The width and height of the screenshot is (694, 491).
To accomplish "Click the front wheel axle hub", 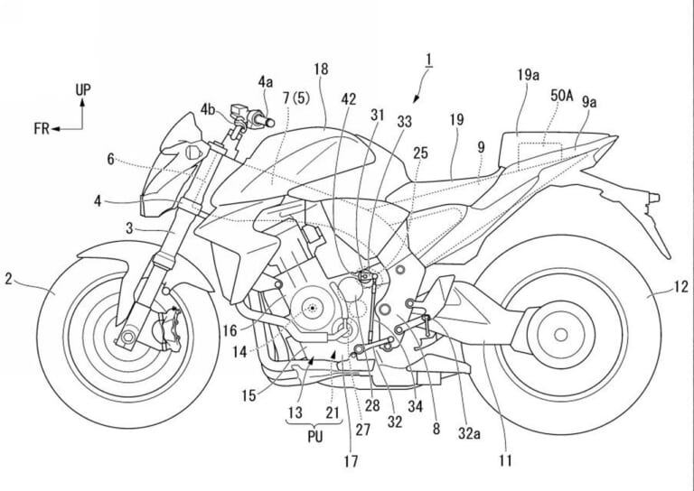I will tap(126, 338).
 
